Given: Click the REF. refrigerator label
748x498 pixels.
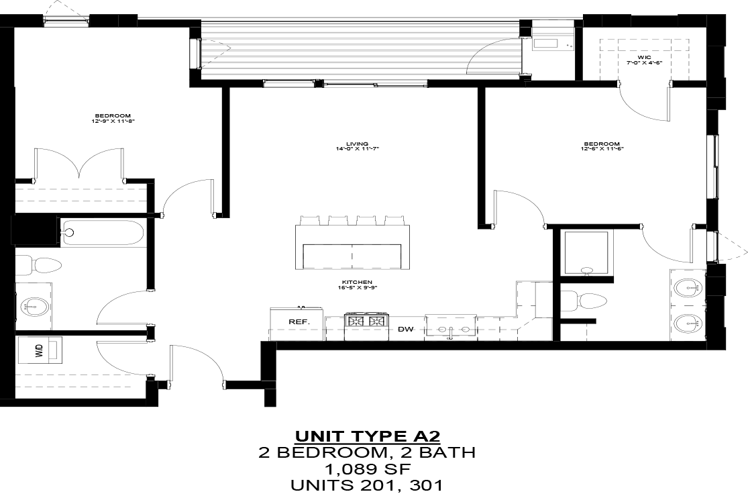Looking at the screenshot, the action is coord(299,322).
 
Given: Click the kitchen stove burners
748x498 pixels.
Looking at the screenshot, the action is coord(366,321).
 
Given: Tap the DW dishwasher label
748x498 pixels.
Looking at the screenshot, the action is coord(405,329).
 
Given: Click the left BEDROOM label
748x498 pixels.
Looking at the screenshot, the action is coord(113,118).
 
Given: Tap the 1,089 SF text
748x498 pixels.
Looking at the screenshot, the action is coord(367,468).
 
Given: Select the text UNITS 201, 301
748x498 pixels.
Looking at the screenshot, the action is coord(367,485).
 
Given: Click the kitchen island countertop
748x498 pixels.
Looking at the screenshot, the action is coord(352,246).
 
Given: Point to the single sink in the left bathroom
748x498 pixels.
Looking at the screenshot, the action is coord(34,307).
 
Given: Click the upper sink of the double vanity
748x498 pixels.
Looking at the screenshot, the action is coord(688,289).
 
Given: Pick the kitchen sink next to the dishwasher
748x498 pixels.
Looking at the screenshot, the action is coord(451,328).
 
